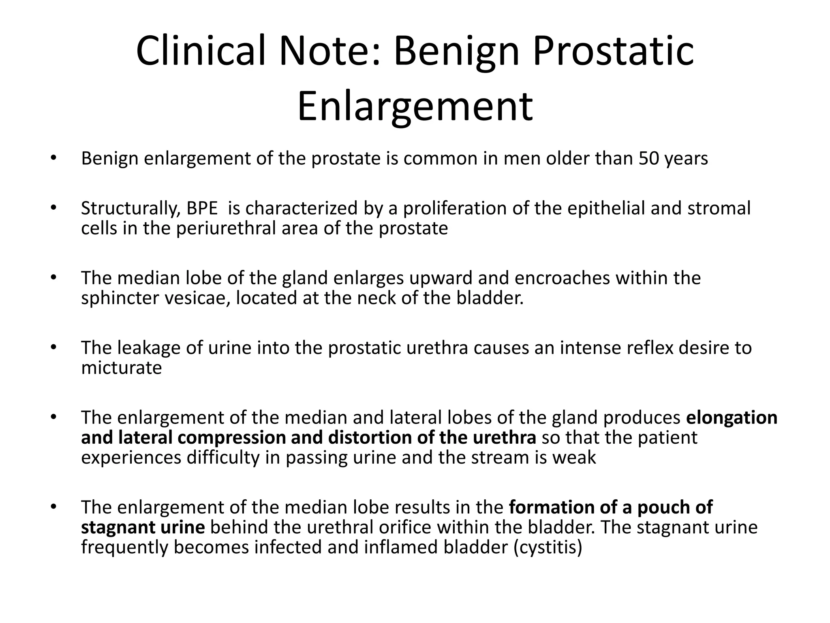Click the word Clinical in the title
pos(201,51)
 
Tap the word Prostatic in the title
pos(613,51)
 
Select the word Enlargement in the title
pos(415,106)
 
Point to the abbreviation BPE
pos(202,208)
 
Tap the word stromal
pos(719,208)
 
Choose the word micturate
pos(121,368)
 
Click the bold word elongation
pos(732,418)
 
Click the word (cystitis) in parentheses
pos(548,547)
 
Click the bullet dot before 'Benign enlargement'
pos(53,158)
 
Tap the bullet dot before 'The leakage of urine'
pos(53,348)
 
